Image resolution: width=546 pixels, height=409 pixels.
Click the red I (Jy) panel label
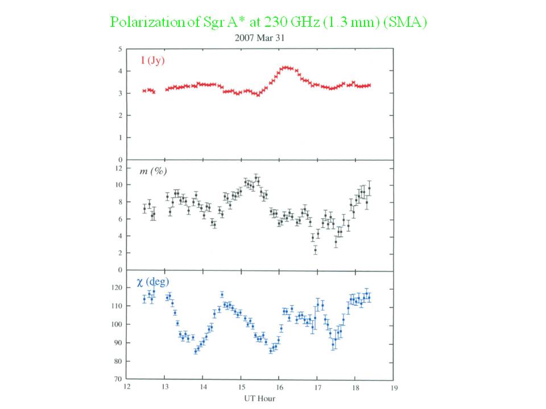pos(153,60)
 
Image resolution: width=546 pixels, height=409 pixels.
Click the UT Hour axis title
pos(259,399)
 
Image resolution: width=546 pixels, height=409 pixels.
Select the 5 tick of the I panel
pos(120,49)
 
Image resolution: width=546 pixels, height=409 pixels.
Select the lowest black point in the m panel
pos(316,249)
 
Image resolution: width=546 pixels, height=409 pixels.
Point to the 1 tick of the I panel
pos(120,137)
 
